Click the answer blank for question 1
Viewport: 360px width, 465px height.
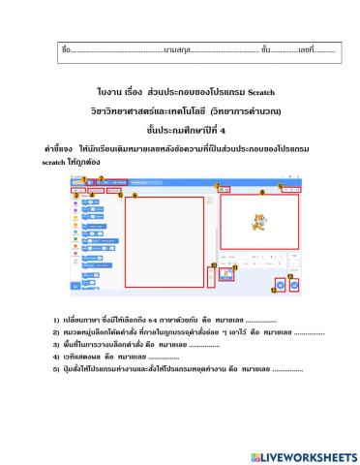tap(260, 319)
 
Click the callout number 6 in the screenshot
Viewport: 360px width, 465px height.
tap(134, 196)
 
